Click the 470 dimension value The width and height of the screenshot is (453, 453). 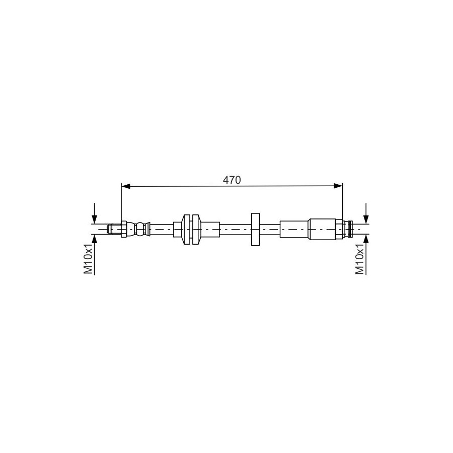[x=232, y=180]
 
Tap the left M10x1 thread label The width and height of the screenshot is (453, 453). [x=88, y=259]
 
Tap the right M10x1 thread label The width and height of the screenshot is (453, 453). [x=360, y=259]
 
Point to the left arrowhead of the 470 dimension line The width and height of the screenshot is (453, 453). [x=126, y=186]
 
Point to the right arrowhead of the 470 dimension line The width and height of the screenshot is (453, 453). [x=338, y=186]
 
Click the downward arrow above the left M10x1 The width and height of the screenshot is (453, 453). [x=94, y=213]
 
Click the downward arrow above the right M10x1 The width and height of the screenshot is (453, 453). [x=366, y=213]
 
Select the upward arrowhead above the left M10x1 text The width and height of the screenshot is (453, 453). [x=94, y=239]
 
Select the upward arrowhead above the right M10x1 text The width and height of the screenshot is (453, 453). [x=366, y=239]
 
